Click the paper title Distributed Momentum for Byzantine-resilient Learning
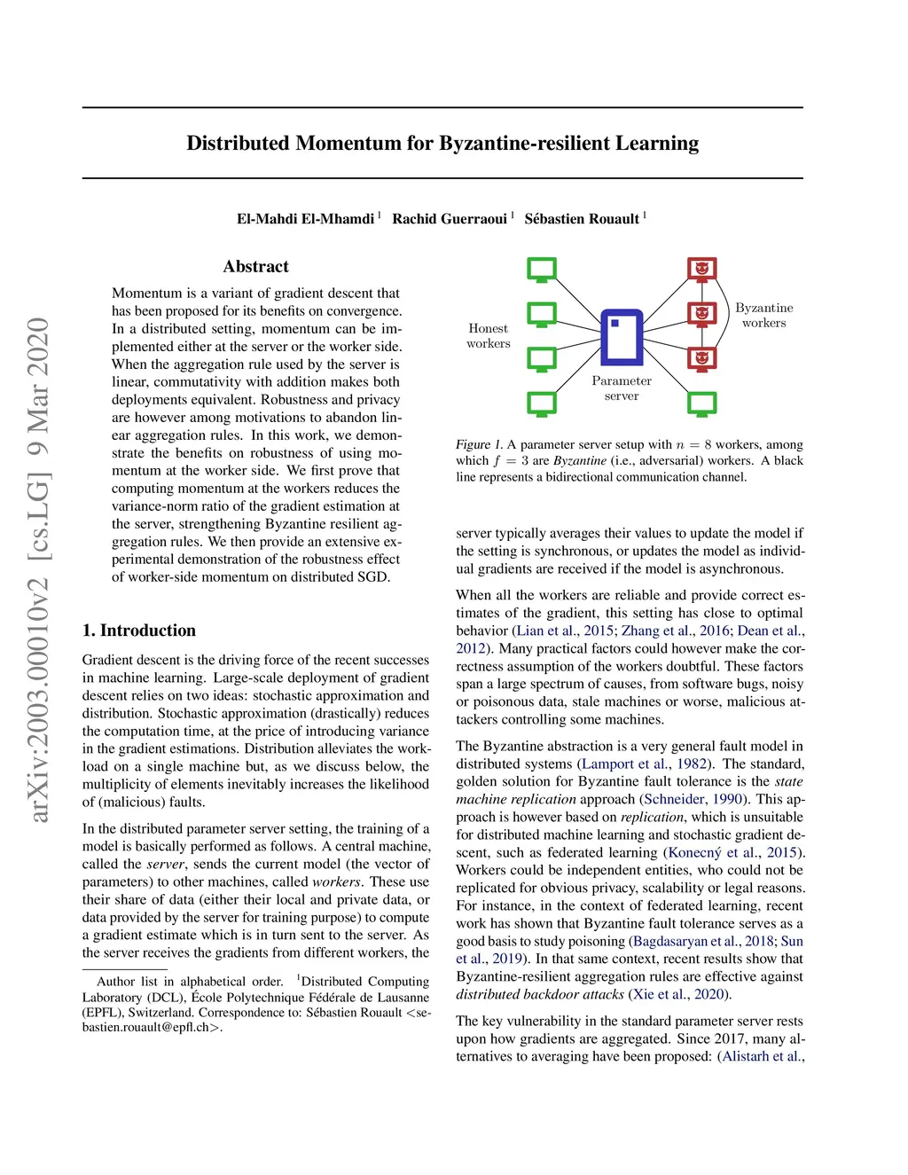442,144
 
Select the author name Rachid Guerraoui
450,219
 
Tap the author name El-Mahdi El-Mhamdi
305,219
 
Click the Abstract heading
255,267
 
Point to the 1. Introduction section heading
139,631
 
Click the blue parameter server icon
622,337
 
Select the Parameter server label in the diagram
622,388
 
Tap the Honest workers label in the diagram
489,336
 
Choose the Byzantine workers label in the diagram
763,316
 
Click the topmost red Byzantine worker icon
702,269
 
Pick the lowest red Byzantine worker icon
702,358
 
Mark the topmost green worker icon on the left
542,269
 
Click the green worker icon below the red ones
702,403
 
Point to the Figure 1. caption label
479,445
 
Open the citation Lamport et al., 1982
645,764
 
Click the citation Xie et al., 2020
680,995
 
